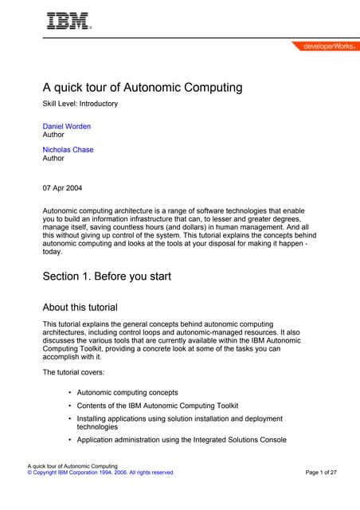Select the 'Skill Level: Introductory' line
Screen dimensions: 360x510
tap(80, 104)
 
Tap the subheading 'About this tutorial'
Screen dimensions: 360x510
tap(80, 306)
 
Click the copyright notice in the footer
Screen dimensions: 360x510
tap(100, 473)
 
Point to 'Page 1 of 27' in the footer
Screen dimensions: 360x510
tap(321, 473)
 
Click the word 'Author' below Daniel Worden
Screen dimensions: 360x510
tap(53, 135)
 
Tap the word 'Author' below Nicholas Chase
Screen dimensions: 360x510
tap(53, 159)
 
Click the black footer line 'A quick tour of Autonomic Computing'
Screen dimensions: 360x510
tap(72, 465)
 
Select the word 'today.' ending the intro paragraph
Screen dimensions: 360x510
tap(52, 251)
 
